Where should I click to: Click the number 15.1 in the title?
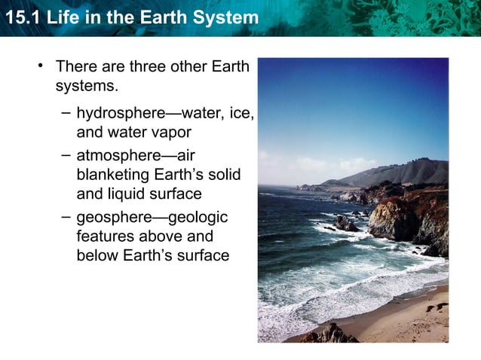(x=20, y=17)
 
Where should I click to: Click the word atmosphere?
(x=121, y=156)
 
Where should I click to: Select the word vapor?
(x=171, y=133)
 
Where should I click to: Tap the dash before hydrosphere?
(x=66, y=113)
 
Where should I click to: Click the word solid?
(x=223, y=175)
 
